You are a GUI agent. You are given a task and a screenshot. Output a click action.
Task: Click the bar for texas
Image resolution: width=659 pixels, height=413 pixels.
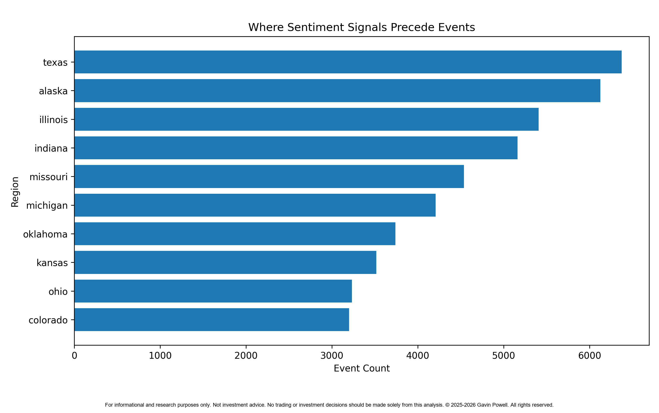click(x=348, y=62)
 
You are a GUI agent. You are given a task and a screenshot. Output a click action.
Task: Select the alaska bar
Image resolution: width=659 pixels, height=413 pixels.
click(x=337, y=91)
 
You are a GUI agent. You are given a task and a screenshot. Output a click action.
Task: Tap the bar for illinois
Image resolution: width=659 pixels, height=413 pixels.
click(x=306, y=119)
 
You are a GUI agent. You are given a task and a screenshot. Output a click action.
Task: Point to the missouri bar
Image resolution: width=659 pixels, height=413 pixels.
click(x=269, y=176)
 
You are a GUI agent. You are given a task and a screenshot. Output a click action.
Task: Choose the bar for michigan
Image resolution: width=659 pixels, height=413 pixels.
click(x=255, y=205)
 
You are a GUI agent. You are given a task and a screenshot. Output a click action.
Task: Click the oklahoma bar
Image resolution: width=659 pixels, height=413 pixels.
click(x=235, y=234)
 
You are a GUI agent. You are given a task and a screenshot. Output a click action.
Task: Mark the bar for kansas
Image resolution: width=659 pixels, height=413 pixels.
click(x=225, y=263)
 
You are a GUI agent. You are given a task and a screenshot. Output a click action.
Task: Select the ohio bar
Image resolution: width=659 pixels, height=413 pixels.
click(x=213, y=291)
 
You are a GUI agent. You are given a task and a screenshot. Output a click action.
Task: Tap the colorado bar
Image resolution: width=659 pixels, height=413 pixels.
click(x=212, y=320)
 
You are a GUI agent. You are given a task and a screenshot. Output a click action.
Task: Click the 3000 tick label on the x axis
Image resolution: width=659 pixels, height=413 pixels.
click(x=332, y=356)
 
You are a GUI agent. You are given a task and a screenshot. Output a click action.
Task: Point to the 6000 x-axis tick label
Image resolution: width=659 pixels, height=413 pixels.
click(x=590, y=356)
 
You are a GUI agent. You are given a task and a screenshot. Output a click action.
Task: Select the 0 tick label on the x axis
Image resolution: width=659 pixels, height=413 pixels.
click(x=74, y=356)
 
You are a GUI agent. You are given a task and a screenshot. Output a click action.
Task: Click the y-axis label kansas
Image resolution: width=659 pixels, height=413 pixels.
click(x=52, y=263)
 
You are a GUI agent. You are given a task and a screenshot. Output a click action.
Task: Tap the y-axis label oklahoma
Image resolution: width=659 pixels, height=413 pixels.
click(x=45, y=234)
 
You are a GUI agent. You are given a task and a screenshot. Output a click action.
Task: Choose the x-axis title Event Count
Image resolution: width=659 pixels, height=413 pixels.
click(x=362, y=368)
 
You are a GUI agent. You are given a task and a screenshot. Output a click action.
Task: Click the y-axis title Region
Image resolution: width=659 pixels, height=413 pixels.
click(x=15, y=192)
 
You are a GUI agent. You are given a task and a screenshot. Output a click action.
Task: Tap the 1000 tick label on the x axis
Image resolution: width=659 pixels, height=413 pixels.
click(x=160, y=356)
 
